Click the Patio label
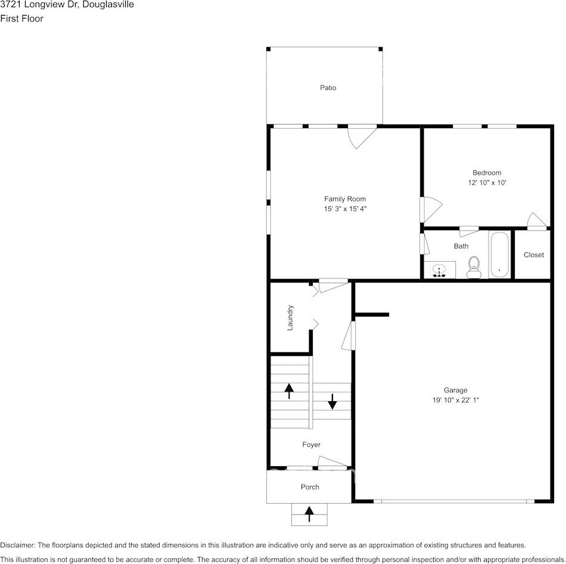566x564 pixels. point(328,88)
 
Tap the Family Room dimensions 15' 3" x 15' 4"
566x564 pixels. point(345,209)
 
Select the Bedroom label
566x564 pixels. point(487,173)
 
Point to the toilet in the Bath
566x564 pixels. point(474,267)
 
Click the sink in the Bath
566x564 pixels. point(439,270)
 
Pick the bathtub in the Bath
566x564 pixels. point(500,255)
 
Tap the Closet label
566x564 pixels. point(533,255)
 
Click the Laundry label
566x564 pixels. point(290,318)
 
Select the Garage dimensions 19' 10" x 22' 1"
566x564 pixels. point(456,400)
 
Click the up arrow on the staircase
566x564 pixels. point(289,391)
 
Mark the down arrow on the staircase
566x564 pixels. point(332,401)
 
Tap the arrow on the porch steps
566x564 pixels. point(309,514)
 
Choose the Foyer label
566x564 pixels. point(311,445)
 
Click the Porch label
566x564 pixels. point(310,487)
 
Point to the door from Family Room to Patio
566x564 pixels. point(362,137)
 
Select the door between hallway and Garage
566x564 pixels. point(349,335)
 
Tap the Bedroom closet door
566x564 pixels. point(537,221)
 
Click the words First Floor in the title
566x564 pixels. point(21,18)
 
